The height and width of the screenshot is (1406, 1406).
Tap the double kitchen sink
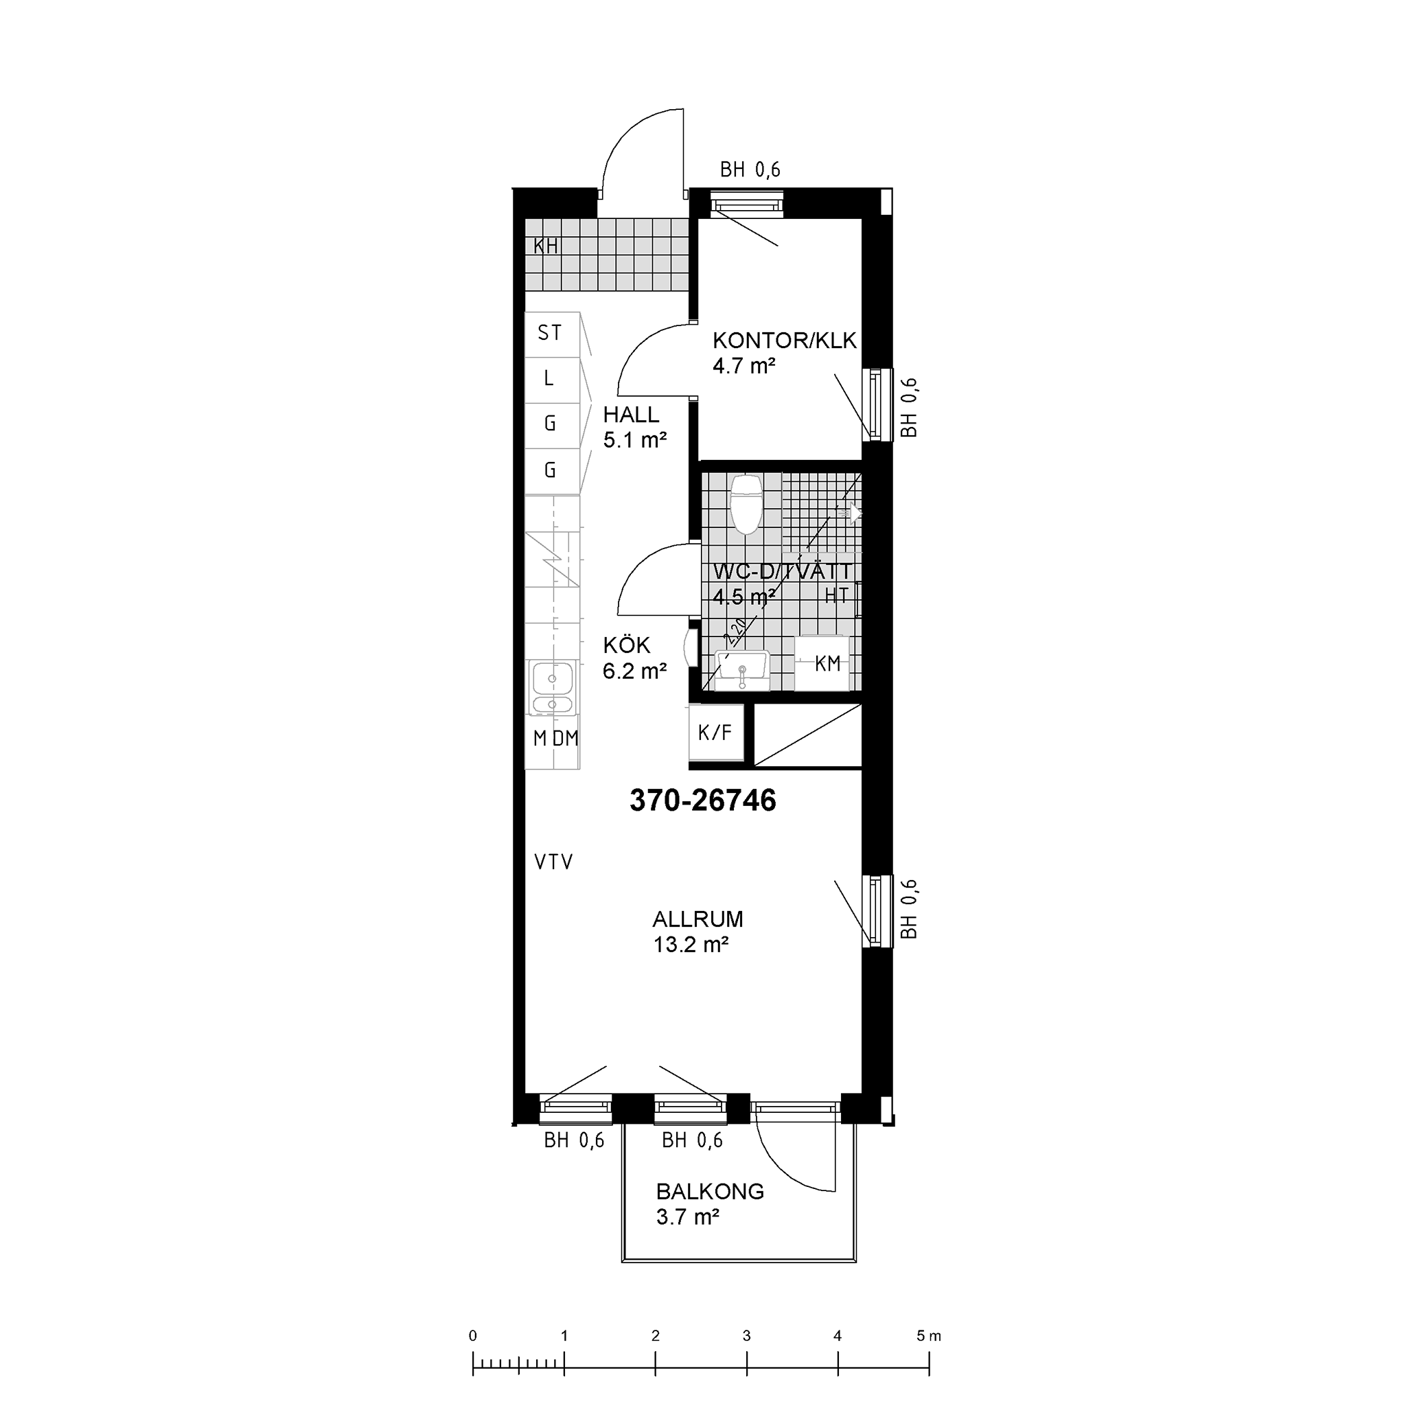tap(553, 687)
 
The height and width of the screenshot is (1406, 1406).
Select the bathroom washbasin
tap(742, 670)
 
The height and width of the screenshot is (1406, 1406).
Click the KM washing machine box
tap(822, 663)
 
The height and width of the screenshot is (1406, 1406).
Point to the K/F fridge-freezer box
tap(716, 732)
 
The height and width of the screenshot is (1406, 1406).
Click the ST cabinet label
tap(549, 333)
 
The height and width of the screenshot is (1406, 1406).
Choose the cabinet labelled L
tap(553, 380)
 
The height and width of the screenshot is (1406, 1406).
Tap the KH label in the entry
tap(546, 246)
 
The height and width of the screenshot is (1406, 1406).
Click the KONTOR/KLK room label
tap(785, 341)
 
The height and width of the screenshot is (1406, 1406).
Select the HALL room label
tap(631, 415)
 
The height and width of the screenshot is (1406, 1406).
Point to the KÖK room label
tap(627, 645)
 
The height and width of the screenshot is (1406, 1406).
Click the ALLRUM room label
tap(698, 919)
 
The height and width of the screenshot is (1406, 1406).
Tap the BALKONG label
tap(711, 1192)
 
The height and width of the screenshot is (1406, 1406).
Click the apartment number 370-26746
tap(703, 800)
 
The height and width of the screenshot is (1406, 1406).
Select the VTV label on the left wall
tap(554, 862)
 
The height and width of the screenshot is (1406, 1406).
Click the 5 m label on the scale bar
tap(929, 1336)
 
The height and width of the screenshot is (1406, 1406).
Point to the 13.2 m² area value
tap(691, 945)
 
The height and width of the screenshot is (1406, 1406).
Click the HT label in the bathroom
tap(837, 595)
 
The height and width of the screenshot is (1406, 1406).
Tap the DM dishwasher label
tap(566, 739)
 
